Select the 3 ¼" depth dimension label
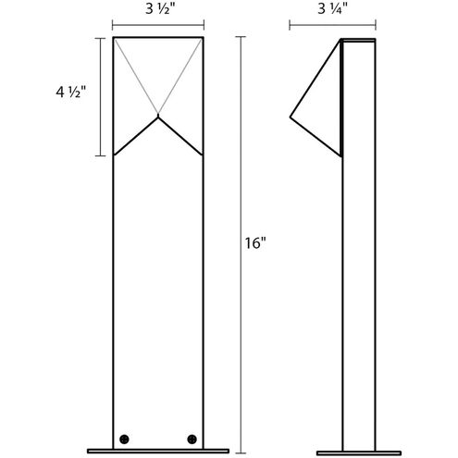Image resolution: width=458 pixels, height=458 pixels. [x=332, y=9]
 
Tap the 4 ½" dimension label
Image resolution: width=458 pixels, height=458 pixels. [x=70, y=92]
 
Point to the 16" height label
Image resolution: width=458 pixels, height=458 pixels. [x=255, y=243]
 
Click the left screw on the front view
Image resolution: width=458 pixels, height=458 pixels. [x=124, y=439]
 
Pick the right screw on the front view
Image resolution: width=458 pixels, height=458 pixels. [x=192, y=439]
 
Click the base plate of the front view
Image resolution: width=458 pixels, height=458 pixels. [x=158, y=452]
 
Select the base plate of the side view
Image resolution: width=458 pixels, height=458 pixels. [x=359, y=453]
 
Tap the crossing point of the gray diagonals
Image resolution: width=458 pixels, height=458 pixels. [x=158, y=114]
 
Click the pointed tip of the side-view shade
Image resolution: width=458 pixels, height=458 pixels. [x=291, y=117]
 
